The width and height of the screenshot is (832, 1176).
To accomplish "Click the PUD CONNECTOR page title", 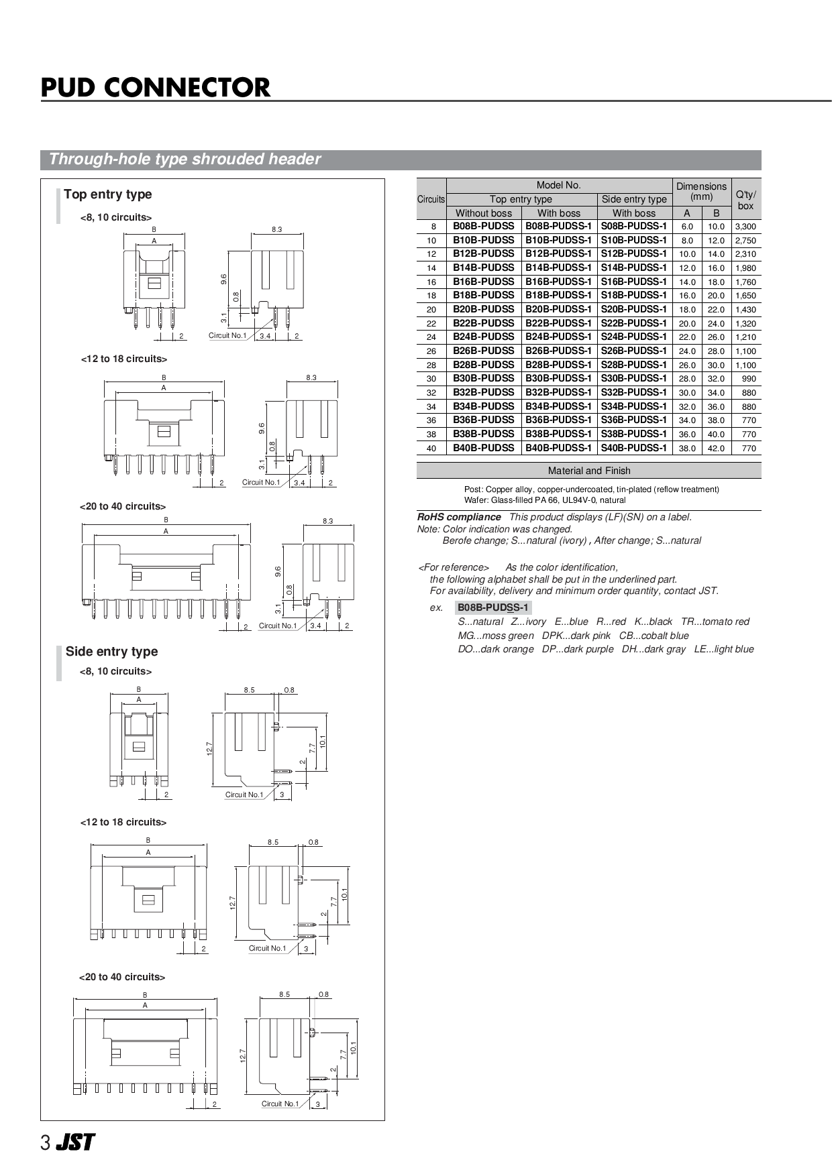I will coord(156,88).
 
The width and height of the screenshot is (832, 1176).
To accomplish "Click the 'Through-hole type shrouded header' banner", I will coord(185,160).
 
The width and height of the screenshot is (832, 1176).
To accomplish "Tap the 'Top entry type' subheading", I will coord(107,194).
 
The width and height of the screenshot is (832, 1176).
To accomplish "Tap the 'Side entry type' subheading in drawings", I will coord(111,652).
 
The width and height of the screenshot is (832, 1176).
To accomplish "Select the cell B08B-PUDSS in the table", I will coord(484,227).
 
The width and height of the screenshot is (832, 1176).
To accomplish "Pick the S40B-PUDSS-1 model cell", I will coord(633,448).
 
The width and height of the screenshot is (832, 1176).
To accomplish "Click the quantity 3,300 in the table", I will coord(745,227).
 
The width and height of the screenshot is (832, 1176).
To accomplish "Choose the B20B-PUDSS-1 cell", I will coord(558,310).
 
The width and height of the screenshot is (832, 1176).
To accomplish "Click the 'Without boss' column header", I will coord(484,213).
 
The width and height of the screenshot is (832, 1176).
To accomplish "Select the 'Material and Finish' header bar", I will coord(588,471).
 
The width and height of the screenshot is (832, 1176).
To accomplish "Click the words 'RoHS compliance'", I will coord(459,517).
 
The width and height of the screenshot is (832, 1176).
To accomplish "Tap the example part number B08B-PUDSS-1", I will coord(493,608).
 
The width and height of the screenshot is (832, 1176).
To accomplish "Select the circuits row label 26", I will coord(431,351).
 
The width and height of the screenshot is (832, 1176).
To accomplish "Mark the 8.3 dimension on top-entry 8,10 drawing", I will coord(277,229).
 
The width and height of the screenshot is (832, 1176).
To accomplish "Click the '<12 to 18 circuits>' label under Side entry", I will coord(123,822).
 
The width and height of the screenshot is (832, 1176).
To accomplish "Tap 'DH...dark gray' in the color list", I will coord(654,649).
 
